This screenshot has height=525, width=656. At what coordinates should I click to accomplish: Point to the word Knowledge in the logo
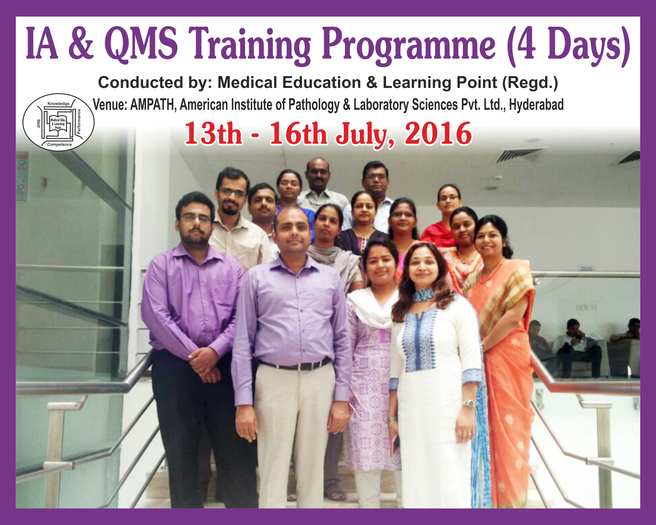pyautogui.click(x=58, y=103)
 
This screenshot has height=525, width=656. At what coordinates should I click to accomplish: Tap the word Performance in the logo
pyautogui.click(x=79, y=122)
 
